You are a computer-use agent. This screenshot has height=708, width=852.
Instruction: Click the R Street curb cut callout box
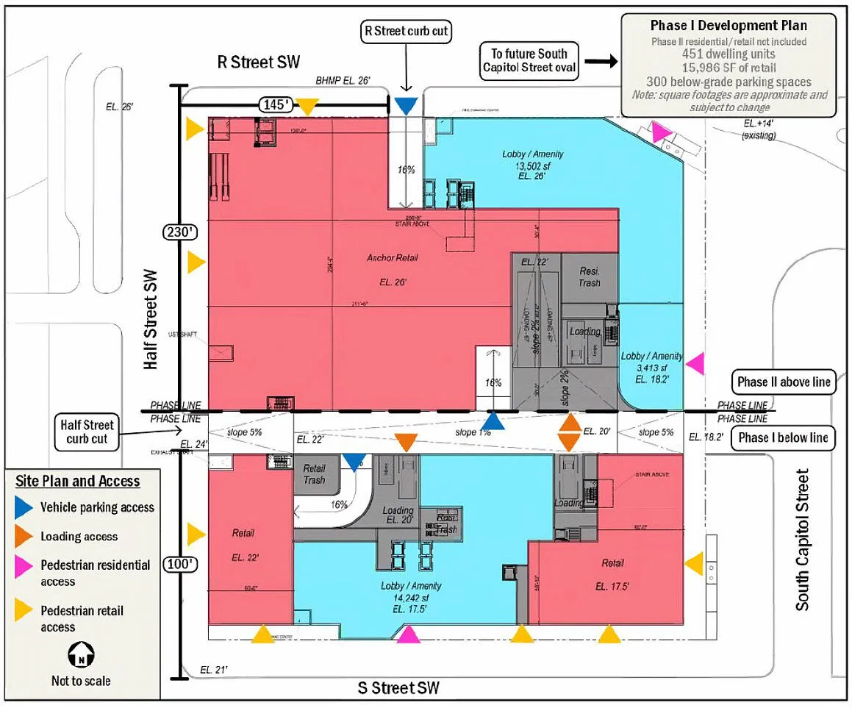click(407, 32)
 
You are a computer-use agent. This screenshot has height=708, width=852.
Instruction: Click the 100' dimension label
click(179, 565)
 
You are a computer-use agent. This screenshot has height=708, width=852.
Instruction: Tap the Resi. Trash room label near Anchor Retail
click(589, 276)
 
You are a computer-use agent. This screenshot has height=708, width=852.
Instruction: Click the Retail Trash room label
click(314, 474)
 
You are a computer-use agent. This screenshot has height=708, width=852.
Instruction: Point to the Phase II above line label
click(784, 382)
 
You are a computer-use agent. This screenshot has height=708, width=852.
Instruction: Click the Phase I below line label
click(784, 437)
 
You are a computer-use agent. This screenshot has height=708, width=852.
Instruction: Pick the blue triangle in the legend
click(26, 507)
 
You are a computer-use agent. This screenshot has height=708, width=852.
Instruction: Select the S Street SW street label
click(398, 688)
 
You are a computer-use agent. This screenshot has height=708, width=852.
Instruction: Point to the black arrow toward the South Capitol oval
click(603, 62)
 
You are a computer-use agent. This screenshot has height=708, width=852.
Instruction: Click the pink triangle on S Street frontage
click(409, 634)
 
